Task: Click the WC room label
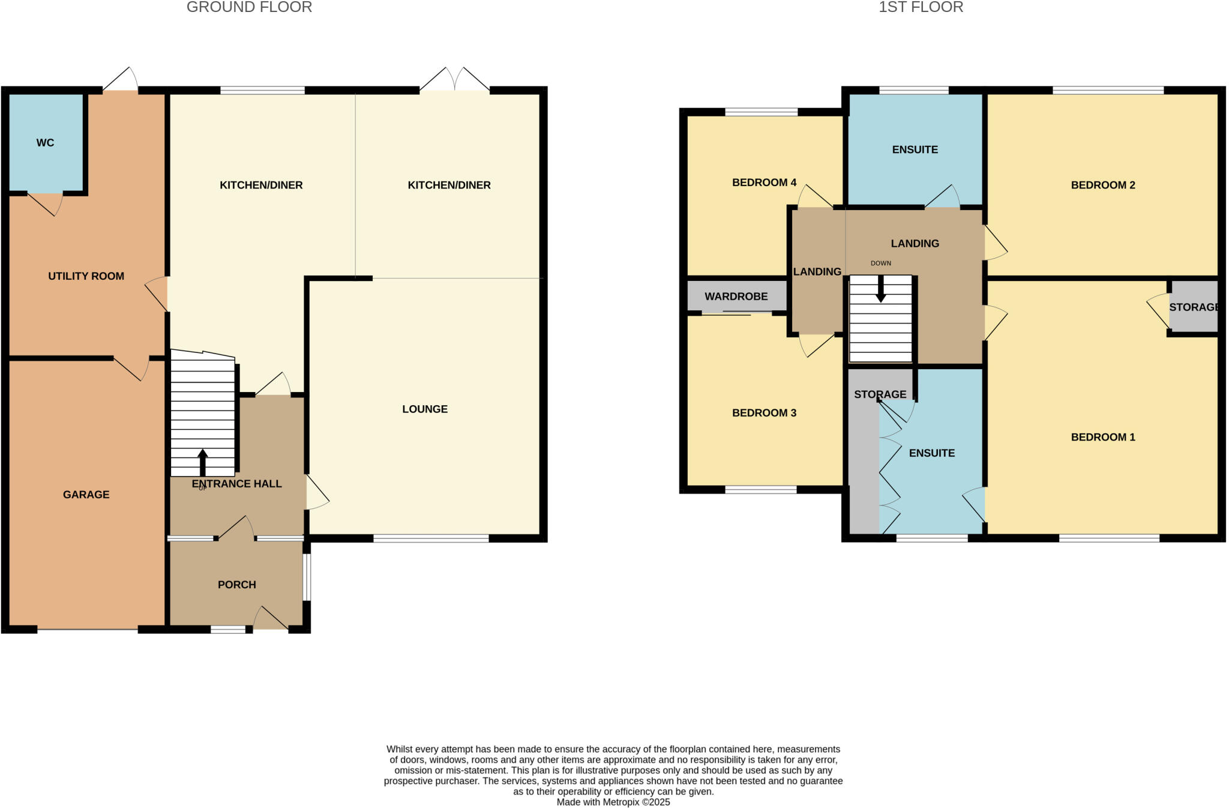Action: [45, 143]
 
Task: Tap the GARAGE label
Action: [86, 495]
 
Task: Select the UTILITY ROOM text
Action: [86, 276]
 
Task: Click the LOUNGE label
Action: [424, 409]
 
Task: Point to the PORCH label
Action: [236, 585]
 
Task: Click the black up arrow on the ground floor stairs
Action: [203, 462]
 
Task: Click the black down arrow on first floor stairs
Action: [880, 289]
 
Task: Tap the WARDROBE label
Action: [736, 297]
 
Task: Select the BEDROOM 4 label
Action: [764, 182]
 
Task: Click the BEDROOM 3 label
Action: [764, 413]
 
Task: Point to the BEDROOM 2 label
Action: [1102, 185]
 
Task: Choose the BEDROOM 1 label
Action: [1102, 437]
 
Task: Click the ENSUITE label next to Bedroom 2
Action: [915, 149]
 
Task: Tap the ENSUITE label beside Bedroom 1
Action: [931, 453]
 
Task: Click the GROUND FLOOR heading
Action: [249, 7]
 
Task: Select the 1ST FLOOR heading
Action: [921, 7]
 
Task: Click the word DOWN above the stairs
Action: [880, 264]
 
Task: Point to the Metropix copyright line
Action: [613, 802]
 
